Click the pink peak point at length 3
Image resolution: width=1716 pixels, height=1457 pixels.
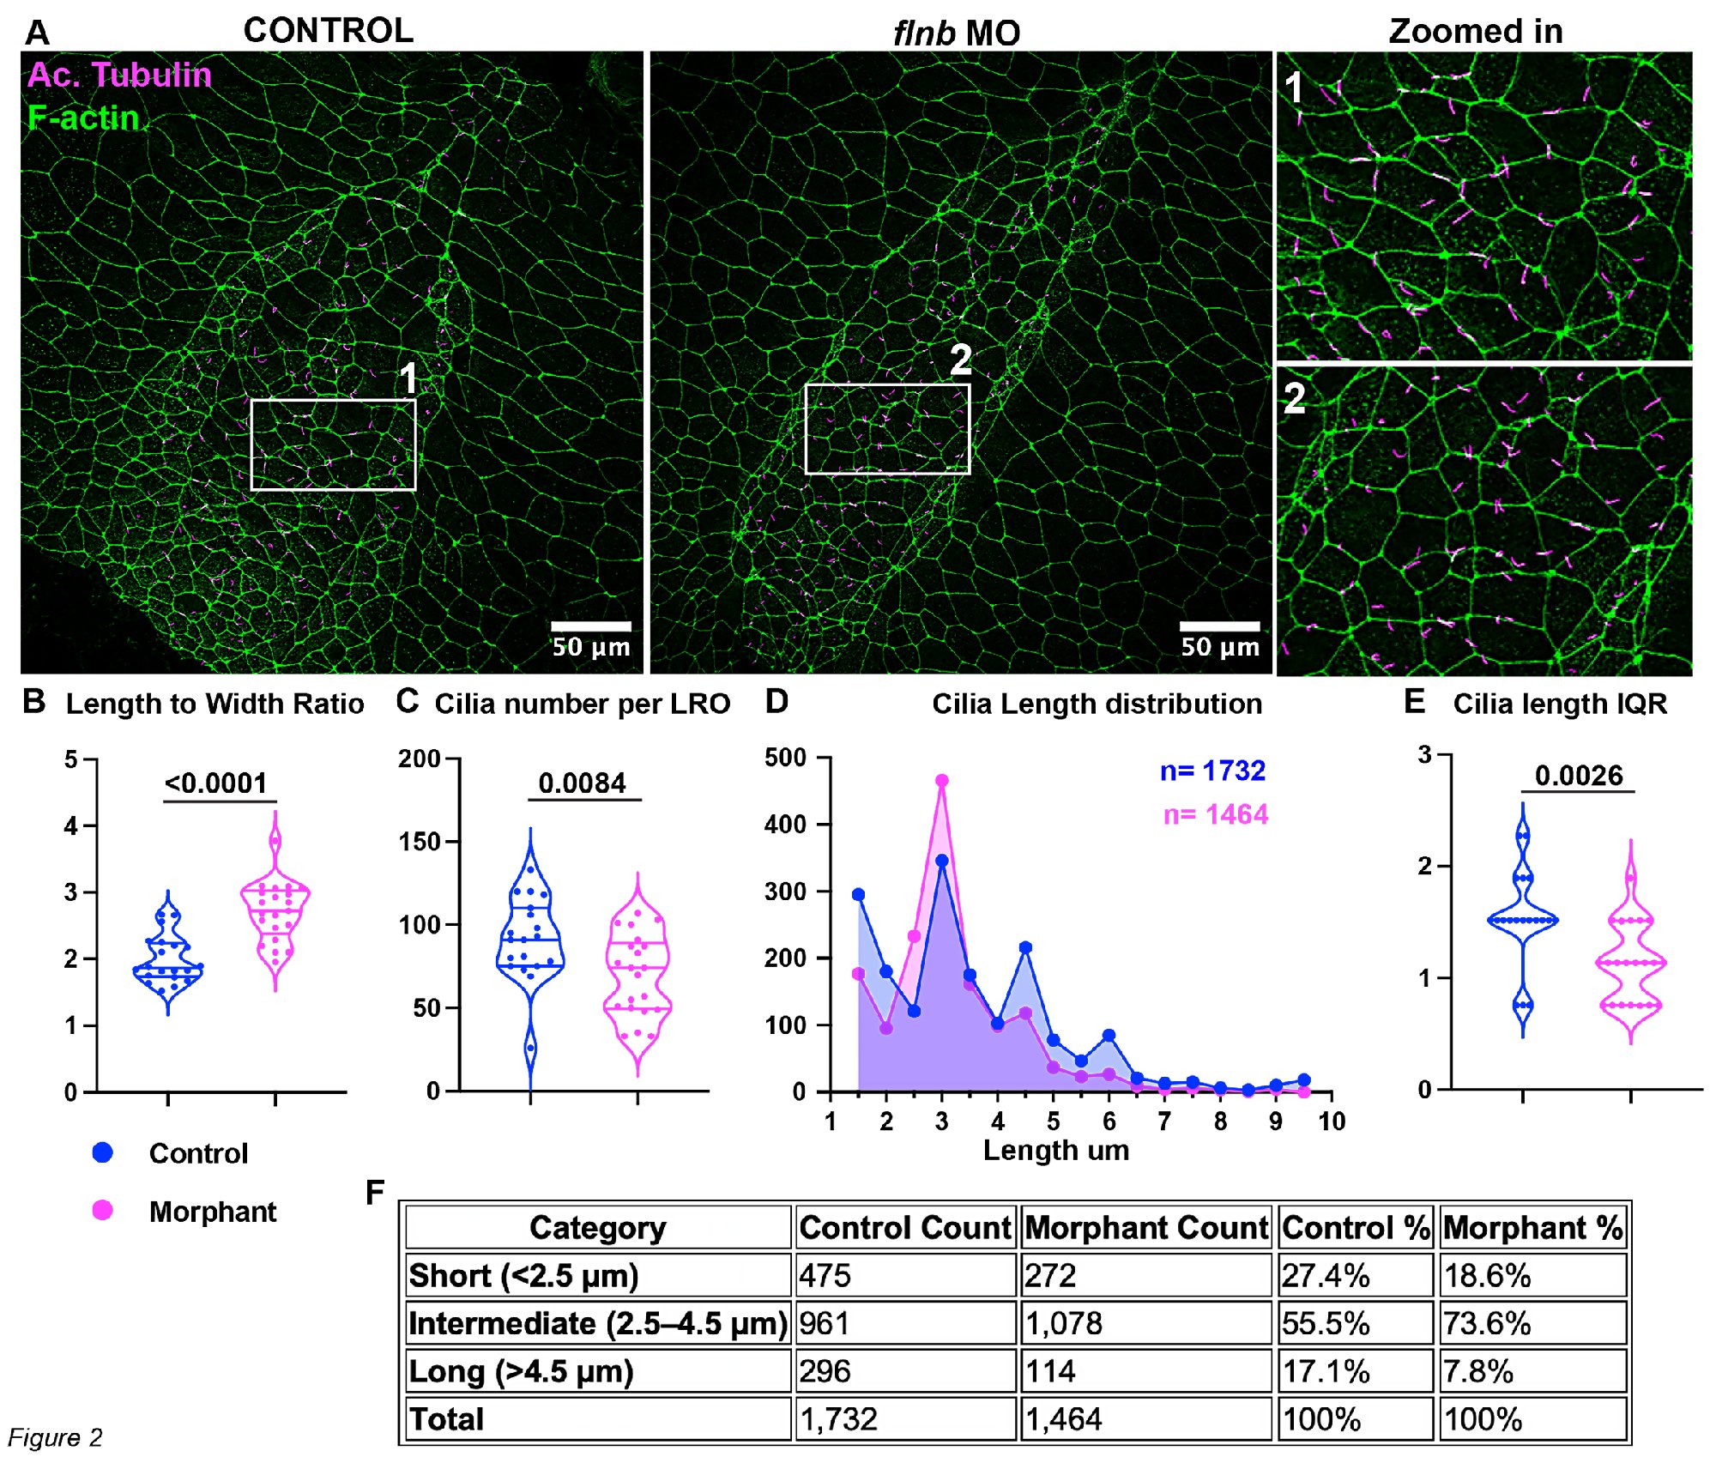coord(941,781)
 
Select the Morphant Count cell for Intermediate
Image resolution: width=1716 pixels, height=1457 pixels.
coord(1146,1323)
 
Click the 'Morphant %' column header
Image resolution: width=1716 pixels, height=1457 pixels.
coord(1532,1227)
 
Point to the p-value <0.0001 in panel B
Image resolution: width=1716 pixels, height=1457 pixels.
coord(215,783)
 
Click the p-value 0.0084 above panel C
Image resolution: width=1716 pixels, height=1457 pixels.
coord(583,783)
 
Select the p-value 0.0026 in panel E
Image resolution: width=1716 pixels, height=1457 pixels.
coord(1579,775)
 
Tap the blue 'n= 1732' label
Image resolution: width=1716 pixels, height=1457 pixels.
coord(1212,771)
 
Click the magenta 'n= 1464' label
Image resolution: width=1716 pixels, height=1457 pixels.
coord(1215,813)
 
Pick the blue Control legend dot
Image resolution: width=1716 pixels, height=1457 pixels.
coord(103,1152)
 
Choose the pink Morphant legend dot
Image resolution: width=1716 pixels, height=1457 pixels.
coord(103,1210)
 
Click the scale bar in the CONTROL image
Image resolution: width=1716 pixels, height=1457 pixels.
coord(591,626)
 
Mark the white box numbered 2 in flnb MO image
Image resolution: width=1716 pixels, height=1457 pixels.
coord(887,429)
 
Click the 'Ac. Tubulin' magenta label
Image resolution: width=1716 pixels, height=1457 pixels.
coord(119,75)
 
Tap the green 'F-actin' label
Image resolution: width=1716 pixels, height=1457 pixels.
coord(83,118)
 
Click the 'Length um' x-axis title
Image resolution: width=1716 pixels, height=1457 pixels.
coord(1056,1150)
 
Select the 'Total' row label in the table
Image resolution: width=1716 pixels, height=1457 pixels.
coord(446,1419)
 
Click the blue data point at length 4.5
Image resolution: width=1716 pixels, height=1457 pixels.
coord(1025,947)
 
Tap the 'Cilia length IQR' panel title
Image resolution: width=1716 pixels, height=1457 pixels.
coord(1559,704)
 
